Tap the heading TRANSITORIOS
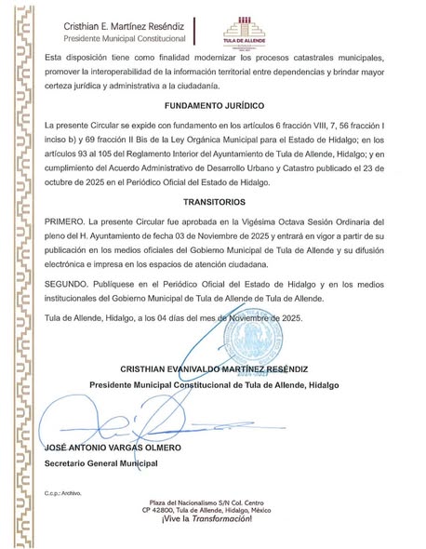pyautogui.click(x=213, y=201)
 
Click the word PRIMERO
pyautogui.click(x=62, y=224)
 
